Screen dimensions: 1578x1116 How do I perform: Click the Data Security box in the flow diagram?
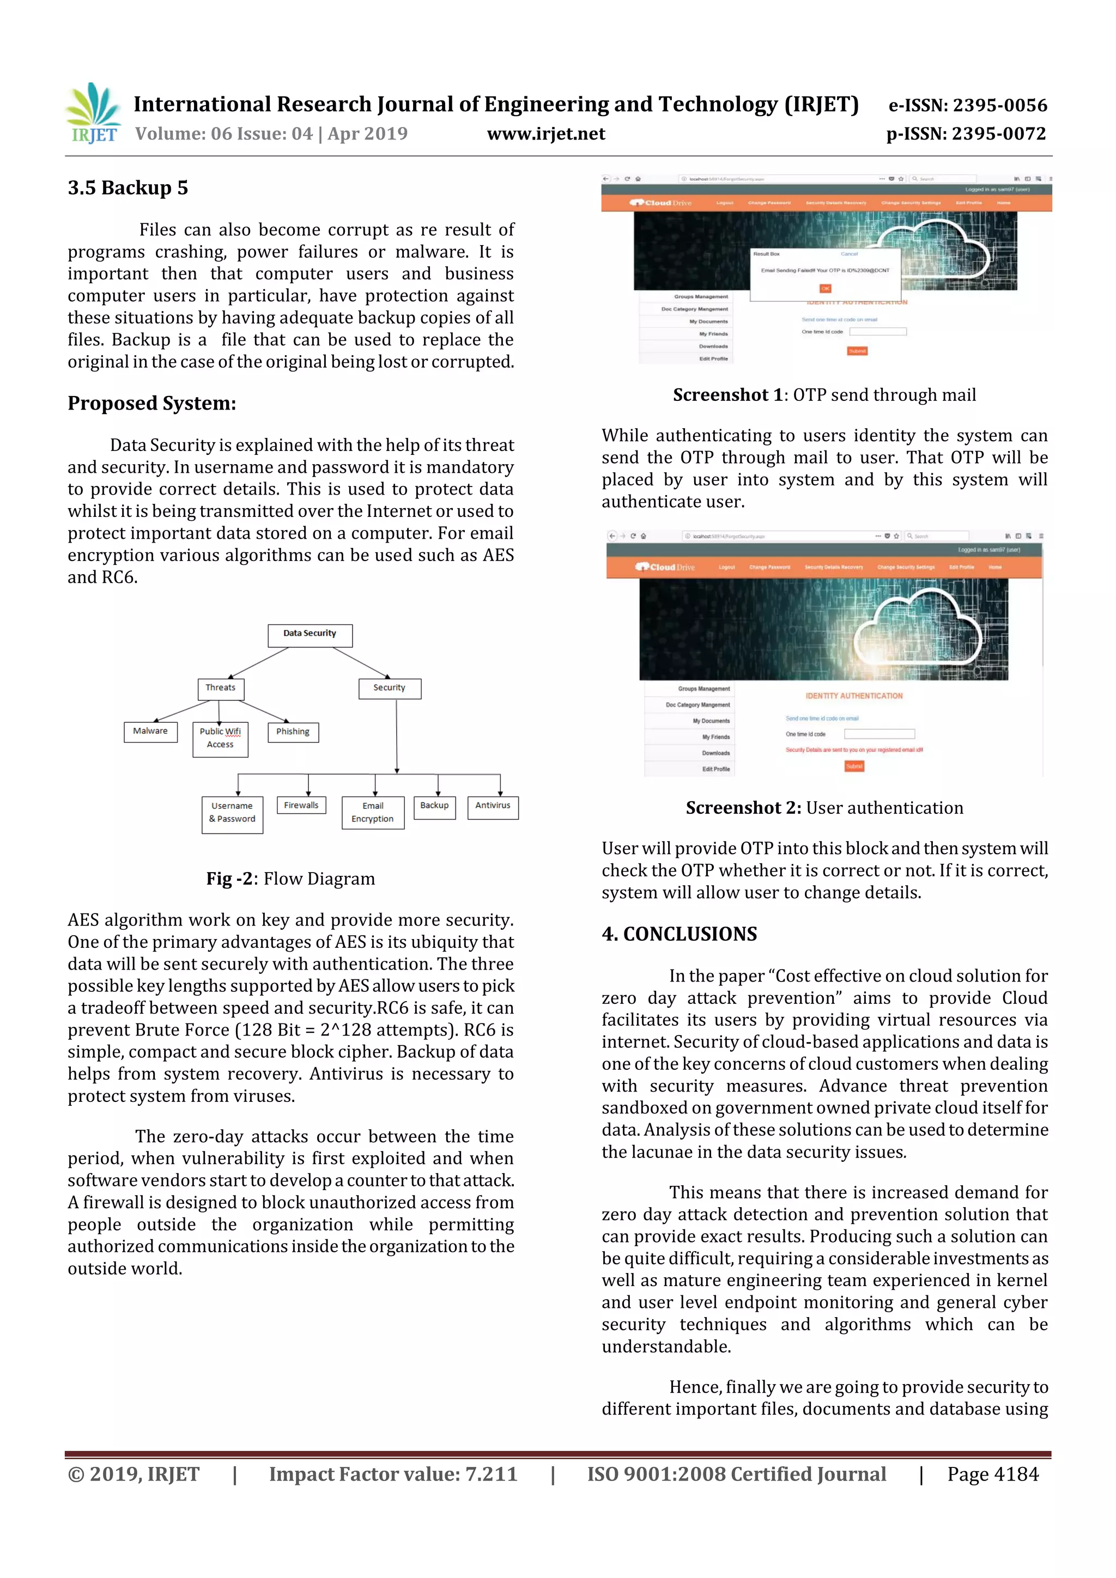[310, 635]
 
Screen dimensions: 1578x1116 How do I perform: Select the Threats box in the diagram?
[220, 689]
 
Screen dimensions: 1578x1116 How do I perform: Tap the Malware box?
[150, 732]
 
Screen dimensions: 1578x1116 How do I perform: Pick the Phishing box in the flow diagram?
[293, 732]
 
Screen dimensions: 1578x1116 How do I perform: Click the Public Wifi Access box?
[220, 739]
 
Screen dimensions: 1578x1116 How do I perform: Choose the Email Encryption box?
[373, 812]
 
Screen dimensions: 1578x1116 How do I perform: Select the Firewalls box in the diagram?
[301, 805]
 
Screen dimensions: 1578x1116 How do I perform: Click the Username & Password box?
[233, 814]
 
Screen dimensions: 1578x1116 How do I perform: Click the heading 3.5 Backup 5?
[128, 187]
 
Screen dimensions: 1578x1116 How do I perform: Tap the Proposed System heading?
[151, 404]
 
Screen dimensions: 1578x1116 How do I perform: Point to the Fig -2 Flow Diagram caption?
[290, 879]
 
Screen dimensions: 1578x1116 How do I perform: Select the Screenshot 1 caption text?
[824, 395]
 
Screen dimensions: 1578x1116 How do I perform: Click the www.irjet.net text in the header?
[546, 134]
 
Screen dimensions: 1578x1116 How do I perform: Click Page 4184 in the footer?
[992, 1474]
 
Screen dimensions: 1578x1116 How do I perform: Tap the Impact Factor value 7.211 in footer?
[393, 1474]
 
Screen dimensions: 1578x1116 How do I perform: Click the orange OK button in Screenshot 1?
[825, 289]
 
